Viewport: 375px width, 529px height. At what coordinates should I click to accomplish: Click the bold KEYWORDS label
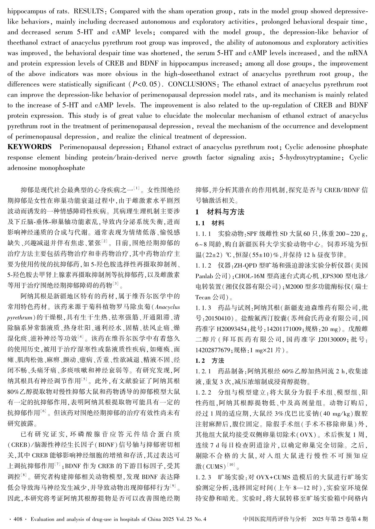[29, 147]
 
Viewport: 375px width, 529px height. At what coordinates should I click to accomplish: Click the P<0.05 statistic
[145, 85]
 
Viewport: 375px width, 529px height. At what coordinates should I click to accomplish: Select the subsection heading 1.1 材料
[210, 223]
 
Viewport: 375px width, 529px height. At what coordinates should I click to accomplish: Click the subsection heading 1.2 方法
[210, 361]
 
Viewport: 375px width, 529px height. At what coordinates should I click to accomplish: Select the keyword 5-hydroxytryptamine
[310, 158]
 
